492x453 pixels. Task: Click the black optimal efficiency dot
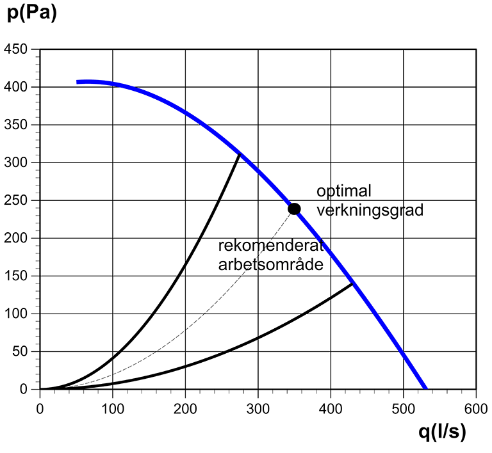[294, 209]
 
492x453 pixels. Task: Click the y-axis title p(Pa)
[32, 13]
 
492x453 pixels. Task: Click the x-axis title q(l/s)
[442, 433]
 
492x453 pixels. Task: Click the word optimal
[344, 191]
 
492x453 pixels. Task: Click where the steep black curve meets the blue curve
[240, 154]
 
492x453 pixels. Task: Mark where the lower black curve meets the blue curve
[353, 283]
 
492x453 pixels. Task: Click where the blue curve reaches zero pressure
[425, 388]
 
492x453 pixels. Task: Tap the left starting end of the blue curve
[78, 82]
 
